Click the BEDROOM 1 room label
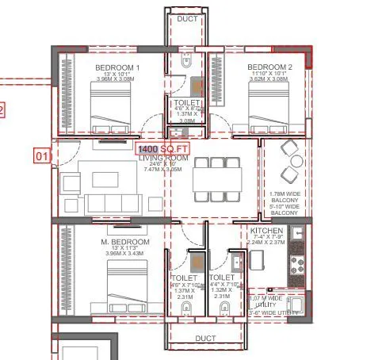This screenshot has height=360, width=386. tap(117, 67)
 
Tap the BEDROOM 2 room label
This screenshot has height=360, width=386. tap(269, 67)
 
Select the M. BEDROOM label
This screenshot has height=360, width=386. tap(124, 242)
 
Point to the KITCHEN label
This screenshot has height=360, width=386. tap(266, 232)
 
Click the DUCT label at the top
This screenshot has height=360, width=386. tap(188, 18)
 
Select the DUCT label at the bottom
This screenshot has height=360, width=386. tap(205, 339)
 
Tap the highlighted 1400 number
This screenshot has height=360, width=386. tap(147, 149)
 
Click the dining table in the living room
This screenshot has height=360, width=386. tap(216, 179)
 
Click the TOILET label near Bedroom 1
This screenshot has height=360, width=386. tap(188, 103)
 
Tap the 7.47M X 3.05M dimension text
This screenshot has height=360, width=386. tap(164, 170)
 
